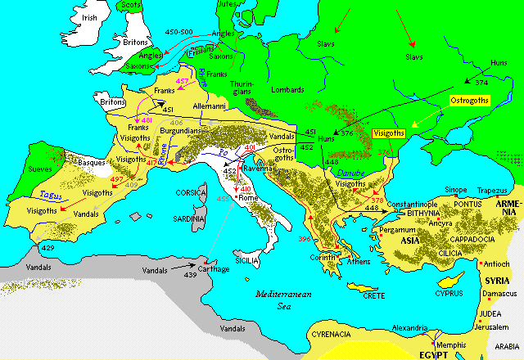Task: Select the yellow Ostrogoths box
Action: point(469,100)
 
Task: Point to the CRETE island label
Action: point(369,295)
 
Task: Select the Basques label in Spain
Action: point(92,162)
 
